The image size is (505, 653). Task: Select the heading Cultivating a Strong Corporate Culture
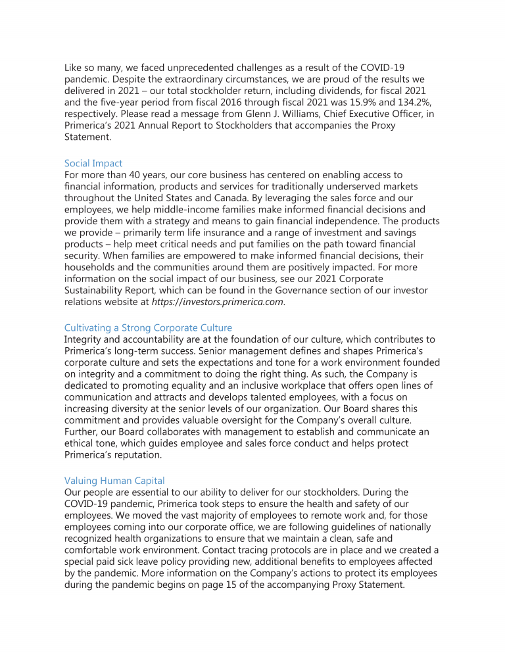tap(148, 327)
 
